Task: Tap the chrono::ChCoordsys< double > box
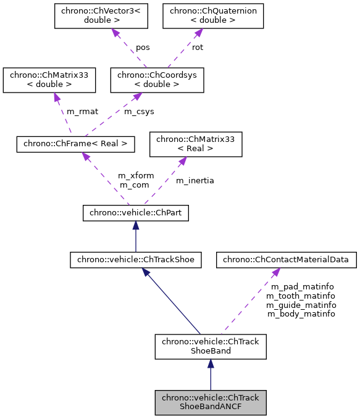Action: [157, 80]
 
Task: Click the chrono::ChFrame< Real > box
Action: [75, 144]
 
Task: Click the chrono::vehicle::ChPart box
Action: [135, 214]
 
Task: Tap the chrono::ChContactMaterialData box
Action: [287, 260]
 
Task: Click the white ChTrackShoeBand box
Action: [210, 346]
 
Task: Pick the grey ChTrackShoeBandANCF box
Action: [210, 402]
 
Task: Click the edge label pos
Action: [143, 48]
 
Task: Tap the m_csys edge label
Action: [139, 112]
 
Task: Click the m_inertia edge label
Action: [195, 180]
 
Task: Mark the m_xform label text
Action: [136, 176]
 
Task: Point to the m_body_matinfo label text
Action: [301, 313]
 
